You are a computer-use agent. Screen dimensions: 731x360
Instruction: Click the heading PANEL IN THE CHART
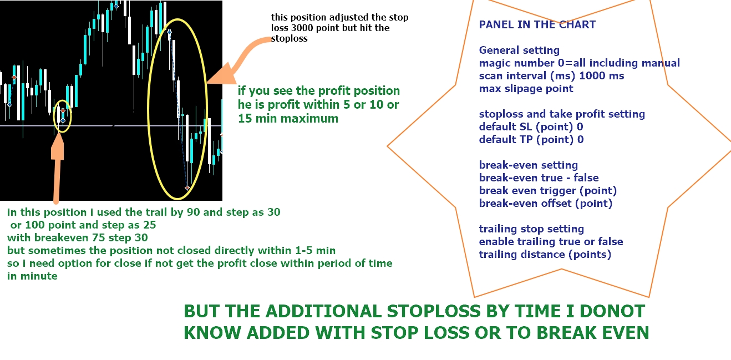click(537, 24)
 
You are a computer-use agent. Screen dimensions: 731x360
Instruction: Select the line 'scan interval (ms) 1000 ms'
click(551, 76)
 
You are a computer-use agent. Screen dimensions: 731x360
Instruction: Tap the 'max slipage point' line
click(526, 88)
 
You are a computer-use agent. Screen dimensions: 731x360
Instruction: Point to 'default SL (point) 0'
click(531, 126)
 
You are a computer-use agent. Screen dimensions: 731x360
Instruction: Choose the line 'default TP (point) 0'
click(531, 139)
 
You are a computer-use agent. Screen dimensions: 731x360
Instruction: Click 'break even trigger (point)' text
click(548, 190)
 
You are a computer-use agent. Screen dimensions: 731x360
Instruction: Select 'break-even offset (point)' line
click(546, 203)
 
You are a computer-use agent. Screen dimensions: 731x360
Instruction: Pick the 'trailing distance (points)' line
click(545, 254)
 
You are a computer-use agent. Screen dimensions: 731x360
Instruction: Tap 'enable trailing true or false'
click(551, 241)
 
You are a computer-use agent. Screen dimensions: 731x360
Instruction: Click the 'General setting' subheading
click(519, 50)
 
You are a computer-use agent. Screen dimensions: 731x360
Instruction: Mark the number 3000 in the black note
click(303, 28)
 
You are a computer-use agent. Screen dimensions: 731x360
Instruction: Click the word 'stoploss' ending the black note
click(289, 38)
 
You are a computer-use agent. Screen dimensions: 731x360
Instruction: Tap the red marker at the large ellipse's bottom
click(187, 188)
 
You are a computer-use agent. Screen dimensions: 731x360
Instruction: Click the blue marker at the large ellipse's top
click(169, 32)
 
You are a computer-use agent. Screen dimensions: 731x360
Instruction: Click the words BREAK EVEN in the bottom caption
click(593, 333)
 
